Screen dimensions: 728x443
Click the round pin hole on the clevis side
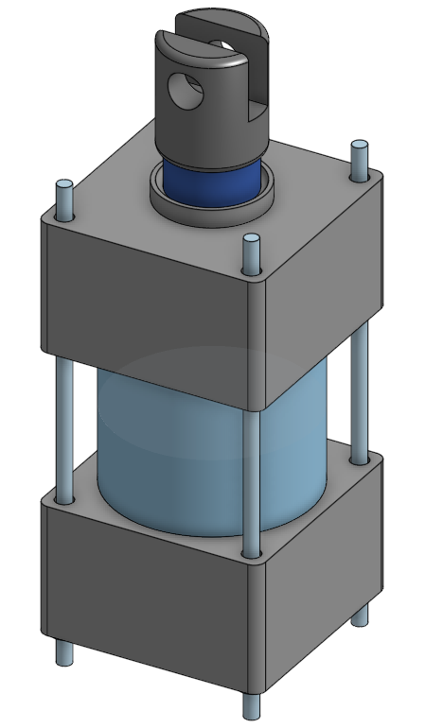click(x=185, y=91)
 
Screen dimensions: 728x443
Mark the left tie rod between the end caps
click(x=64, y=425)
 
